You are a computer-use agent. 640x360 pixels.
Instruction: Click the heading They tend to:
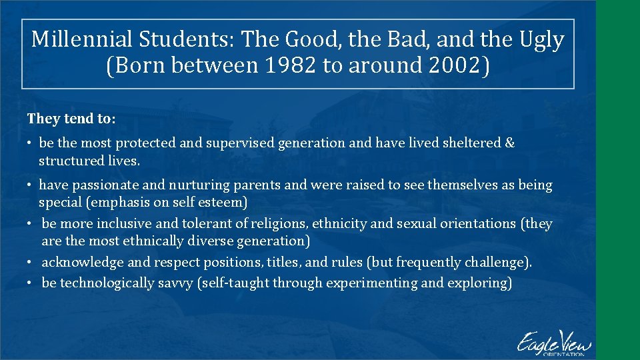(71, 119)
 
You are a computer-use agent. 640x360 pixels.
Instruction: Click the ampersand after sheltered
(510, 143)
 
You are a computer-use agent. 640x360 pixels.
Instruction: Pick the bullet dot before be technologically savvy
(30, 283)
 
